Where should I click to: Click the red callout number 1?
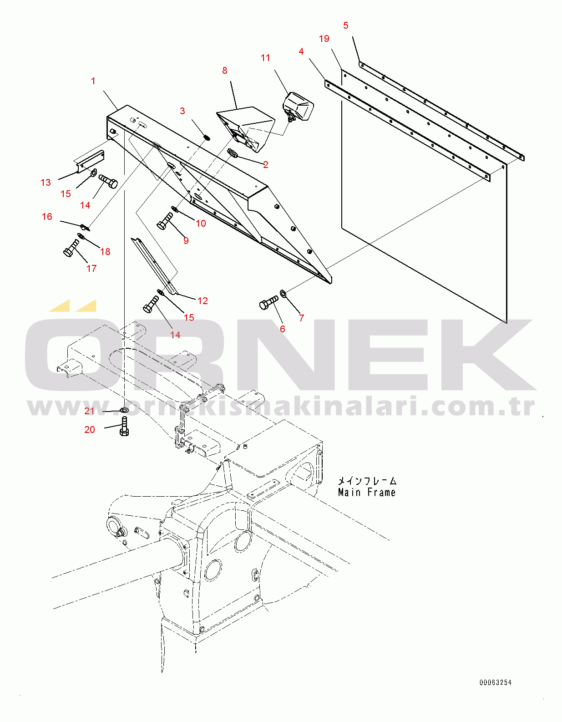coord(93,81)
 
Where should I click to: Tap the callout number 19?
coord(324,39)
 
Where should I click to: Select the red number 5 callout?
coord(346,25)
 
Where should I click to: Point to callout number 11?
coord(265,58)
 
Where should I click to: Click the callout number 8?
coord(225,71)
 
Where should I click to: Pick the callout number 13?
coord(46,182)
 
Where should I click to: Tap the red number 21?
coord(89,411)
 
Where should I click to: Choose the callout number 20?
coord(90,430)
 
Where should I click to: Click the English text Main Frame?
coord(367,493)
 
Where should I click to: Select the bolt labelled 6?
coord(268,302)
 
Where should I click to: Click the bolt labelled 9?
coord(164,221)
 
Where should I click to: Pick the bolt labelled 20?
coord(124,426)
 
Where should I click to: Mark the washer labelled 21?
coord(125,411)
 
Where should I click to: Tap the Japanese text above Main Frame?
coord(367,481)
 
